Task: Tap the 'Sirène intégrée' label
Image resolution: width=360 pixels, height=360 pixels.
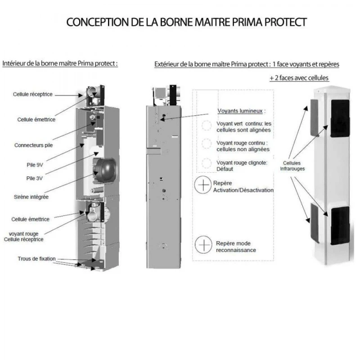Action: pyautogui.click(x=31, y=197)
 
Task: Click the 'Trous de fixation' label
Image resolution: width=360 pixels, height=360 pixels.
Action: pyautogui.click(x=37, y=259)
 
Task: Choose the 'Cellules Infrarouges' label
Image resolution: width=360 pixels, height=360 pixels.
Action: pyautogui.click(x=293, y=166)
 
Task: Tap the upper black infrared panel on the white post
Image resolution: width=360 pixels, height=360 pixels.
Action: pyautogui.click(x=340, y=118)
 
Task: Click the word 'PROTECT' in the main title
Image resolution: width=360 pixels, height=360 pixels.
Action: pyautogui.click(x=284, y=22)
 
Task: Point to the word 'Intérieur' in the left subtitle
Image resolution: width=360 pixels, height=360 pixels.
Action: pyautogui.click(x=14, y=63)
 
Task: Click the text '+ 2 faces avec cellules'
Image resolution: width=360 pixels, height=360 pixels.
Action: pyautogui.click(x=299, y=77)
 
